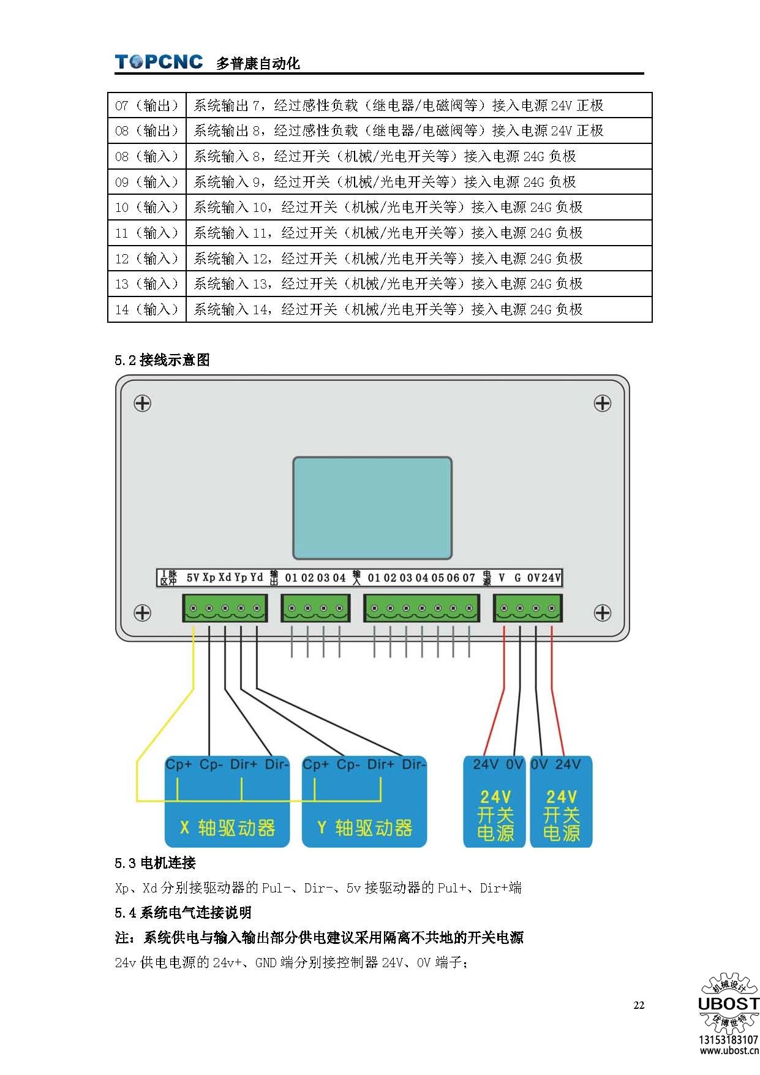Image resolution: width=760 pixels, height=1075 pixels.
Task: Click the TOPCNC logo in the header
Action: pos(159,62)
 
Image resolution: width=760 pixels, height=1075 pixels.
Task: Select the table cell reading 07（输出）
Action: pos(146,105)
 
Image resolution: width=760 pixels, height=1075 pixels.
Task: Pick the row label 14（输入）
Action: pos(146,309)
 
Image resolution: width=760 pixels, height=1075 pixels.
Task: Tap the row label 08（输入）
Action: pos(146,156)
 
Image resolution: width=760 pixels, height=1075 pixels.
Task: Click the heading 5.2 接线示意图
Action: pos(162,360)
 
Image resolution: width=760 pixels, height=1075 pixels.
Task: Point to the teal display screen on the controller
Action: pos(372,508)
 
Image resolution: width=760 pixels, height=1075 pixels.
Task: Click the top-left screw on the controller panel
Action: pos(143,403)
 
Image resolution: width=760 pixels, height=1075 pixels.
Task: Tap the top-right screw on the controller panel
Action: pos(603,403)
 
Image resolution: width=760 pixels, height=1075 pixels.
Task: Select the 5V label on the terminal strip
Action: pos(192,578)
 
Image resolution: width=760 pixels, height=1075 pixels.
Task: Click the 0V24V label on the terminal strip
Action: pos(544,578)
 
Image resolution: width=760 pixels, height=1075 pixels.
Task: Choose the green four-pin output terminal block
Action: pos(315,609)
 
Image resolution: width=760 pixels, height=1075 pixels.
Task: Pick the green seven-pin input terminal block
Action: pos(421,609)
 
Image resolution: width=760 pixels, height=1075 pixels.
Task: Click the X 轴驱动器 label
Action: pos(227,828)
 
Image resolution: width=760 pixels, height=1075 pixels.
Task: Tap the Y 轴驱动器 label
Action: pos(364,828)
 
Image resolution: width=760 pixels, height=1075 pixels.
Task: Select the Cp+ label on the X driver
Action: pos(178,764)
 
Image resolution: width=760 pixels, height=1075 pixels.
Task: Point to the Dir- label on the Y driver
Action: pos(413,764)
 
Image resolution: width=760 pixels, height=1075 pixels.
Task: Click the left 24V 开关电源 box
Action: pos(495,815)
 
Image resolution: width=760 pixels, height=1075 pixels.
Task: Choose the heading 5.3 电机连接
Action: pos(155,863)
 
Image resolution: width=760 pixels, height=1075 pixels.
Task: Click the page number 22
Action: pos(639,1005)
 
